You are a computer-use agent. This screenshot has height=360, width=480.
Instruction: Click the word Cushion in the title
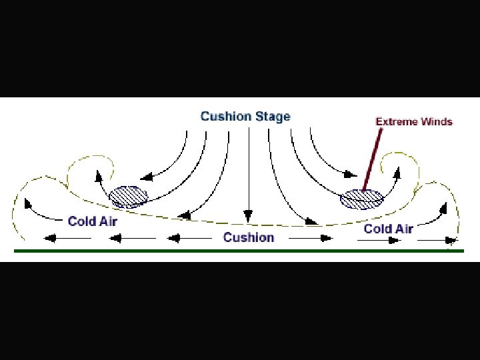click(x=225, y=117)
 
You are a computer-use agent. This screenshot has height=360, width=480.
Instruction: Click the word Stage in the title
click(x=272, y=117)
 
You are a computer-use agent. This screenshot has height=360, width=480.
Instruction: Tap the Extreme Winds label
click(x=414, y=121)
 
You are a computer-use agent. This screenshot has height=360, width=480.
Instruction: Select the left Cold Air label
click(x=92, y=221)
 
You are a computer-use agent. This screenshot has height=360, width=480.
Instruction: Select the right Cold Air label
click(x=388, y=229)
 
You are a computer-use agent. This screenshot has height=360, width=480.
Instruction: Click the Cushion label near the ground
click(x=249, y=237)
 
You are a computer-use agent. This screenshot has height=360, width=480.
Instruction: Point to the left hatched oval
click(x=129, y=196)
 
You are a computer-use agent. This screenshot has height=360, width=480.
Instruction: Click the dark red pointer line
click(x=372, y=160)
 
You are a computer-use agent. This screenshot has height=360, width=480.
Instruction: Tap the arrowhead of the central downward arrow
click(x=248, y=216)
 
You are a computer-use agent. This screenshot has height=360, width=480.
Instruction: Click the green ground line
click(x=240, y=251)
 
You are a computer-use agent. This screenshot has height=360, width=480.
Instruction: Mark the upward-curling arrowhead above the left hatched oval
click(x=99, y=175)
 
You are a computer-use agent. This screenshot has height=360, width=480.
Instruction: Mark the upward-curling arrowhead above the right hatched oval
click(x=398, y=173)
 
